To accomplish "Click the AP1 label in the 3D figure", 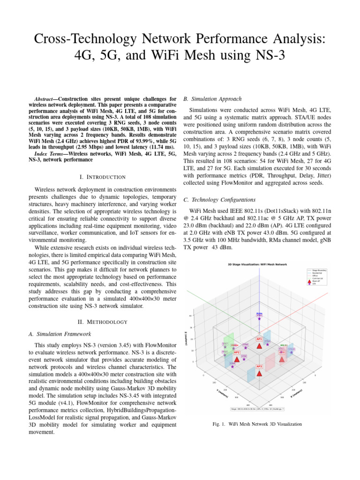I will [259, 338].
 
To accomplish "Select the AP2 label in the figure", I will [237, 352].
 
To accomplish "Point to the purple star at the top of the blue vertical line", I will [259, 318].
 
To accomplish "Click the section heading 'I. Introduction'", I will [102, 177].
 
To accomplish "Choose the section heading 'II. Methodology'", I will [102, 322].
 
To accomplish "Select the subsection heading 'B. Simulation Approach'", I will [212, 99].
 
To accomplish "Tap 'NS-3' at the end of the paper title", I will [266, 55].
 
